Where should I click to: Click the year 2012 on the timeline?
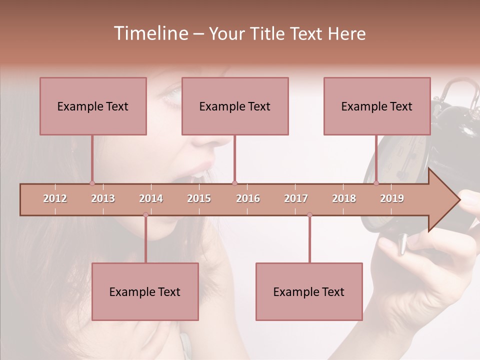pyautogui.click(x=55, y=198)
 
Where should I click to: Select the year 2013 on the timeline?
pyautogui.click(x=103, y=198)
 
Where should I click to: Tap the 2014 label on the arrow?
pyautogui.click(x=151, y=198)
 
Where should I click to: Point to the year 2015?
pyautogui.click(x=199, y=198)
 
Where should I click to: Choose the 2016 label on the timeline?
pyautogui.click(x=248, y=198)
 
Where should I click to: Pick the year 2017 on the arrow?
pyautogui.click(x=296, y=198)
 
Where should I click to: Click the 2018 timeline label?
pyautogui.click(x=344, y=198)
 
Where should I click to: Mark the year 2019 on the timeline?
pyautogui.click(x=392, y=198)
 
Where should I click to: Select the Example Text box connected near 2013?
pyautogui.click(x=93, y=106)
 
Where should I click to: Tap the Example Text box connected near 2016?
pyautogui.click(x=235, y=106)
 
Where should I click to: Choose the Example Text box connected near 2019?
pyautogui.click(x=377, y=106)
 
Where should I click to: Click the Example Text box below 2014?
pyautogui.click(x=145, y=291)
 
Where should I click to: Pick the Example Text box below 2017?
pyautogui.click(x=309, y=291)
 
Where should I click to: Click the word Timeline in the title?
pyautogui.click(x=150, y=33)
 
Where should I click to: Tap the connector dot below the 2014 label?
pyautogui.click(x=145, y=214)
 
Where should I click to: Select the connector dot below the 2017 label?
pyautogui.click(x=309, y=214)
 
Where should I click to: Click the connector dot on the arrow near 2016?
pyautogui.click(x=234, y=183)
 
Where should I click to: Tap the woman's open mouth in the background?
pyautogui.click(x=197, y=175)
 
